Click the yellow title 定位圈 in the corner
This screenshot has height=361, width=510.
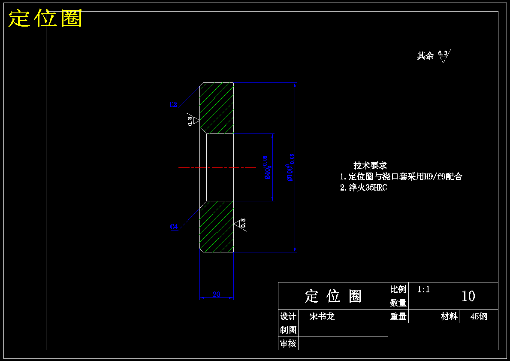click(x=45, y=18)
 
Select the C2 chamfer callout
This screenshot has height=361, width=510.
click(x=173, y=104)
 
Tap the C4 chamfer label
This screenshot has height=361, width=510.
click(x=174, y=227)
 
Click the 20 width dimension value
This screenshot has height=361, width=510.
click(x=217, y=294)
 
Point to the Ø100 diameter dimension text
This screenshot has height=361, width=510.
click(x=290, y=167)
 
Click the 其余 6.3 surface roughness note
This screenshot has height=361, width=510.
click(x=433, y=55)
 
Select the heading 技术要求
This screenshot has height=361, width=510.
click(x=370, y=165)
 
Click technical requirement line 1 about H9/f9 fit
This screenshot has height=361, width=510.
click(x=401, y=176)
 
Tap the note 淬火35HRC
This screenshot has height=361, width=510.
click(x=364, y=188)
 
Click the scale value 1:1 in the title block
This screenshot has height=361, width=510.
click(x=423, y=289)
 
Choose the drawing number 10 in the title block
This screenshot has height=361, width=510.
click(x=468, y=296)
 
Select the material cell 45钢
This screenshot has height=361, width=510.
click(x=479, y=317)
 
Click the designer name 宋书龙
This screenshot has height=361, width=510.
click(x=322, y=317)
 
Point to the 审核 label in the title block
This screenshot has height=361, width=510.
click(x=288, y=343)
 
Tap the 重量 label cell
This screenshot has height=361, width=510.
click(x=398, y=317)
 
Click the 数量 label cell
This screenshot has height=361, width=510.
click(x=398, y=303)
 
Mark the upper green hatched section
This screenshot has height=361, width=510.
click(x=217, y=107)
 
